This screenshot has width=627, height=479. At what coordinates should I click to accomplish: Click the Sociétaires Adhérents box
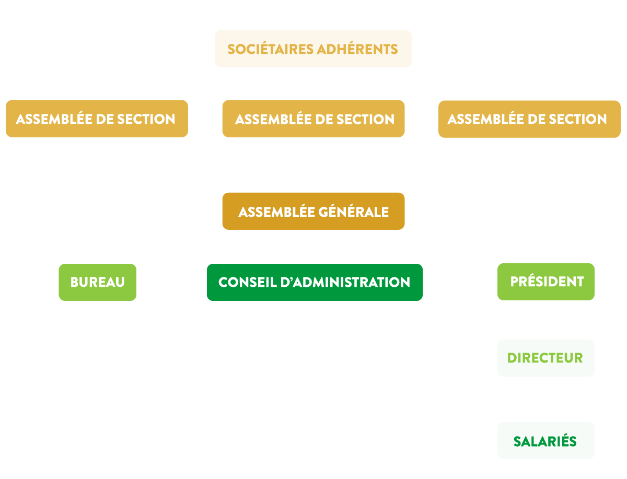(x=313, y=49)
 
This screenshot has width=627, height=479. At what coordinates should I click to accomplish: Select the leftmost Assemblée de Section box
(x=97, y=119)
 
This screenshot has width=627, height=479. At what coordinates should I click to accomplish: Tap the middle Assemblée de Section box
(x=313, y=119)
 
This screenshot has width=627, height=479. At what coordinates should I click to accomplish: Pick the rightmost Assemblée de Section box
(x=529, y=119)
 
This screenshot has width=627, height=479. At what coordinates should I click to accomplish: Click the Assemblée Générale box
(x=313, y=211)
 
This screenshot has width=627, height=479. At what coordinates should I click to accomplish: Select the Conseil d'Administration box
(x=315, y=282)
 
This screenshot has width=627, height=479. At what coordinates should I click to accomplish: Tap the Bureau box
(x=97, y=282)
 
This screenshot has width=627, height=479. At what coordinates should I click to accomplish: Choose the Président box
(x=546, y=282)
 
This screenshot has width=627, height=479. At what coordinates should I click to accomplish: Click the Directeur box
(x=546, y=358)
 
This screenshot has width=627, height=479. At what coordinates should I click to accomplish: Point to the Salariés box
(x=546, y=440)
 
